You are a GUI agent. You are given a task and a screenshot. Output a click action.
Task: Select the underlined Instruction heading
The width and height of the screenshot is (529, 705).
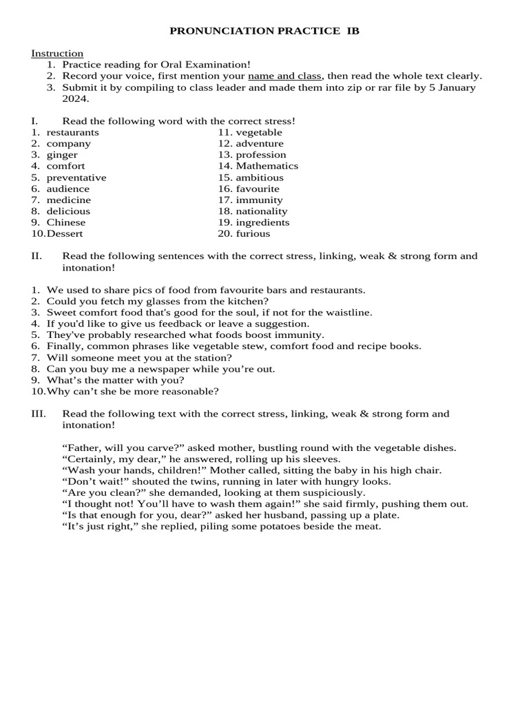57,53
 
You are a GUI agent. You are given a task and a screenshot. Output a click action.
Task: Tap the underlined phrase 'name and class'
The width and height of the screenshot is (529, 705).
285,76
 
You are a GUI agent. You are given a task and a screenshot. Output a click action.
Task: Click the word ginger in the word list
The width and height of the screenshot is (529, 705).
62,155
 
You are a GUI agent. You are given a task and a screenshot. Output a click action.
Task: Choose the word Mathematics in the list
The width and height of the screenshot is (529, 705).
267,166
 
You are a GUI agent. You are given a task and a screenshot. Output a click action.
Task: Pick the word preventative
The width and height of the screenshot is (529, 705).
76,178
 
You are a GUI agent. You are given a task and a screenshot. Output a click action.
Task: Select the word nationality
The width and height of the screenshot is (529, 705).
262,211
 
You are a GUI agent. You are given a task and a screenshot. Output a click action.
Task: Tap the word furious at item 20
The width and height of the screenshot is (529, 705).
252,233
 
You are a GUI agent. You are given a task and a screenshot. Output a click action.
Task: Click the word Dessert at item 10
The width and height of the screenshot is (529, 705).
64,233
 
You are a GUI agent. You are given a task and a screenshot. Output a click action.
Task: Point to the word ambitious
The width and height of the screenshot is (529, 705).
260,178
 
